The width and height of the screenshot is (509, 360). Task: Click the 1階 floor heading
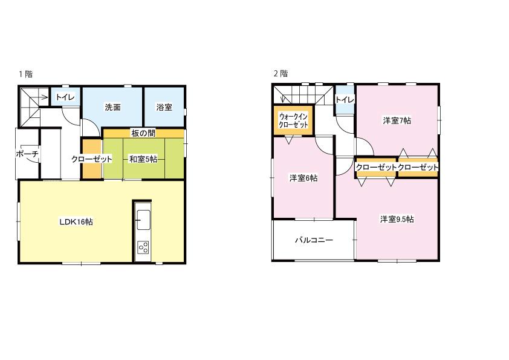pyautogui.click(x=25, y=74)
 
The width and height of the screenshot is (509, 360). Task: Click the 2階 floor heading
pyautogui.click(x=280, y=73)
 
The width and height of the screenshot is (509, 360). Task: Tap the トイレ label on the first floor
pyautogui.click(x=65, y=97)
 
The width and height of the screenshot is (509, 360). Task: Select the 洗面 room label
pyautogui.click(x=112, y=107)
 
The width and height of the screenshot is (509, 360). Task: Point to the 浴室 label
pyautogui.click(x=164, y=107)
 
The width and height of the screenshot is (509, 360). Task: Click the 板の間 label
pyautogui.click(x=143, y=133)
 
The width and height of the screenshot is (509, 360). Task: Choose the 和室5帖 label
pyautogui.click(x=143, y=159)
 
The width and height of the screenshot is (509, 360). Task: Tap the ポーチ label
pyautogui.click(x=27, y=154)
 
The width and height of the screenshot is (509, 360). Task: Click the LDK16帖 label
pyautogui.click(x=76, y=222)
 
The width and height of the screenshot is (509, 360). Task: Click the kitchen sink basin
pyautogui.click(x=143, y=220)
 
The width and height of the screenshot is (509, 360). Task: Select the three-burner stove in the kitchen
pyautogui.click(x=143, y=247)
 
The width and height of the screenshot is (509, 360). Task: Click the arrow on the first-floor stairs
pyautogui.click(x=41, y=96)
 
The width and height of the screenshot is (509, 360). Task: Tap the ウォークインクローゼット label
pyautogui.click(x=293, y=120)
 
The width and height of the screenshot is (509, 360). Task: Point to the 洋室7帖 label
pyautogui.click(x=397, y=120)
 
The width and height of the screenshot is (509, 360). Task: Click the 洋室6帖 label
pyautogui.click(x=303, y=178)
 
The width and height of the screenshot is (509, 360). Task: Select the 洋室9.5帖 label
pyautogui.click(x=397, y=219)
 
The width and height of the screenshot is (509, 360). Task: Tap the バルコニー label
pyautogui.click(x=314, y=240)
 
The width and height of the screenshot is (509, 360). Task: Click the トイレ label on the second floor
pyautogui.click(x=345, y=100)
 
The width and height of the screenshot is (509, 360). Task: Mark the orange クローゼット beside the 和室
pyautogui.click(x=92, y=159)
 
